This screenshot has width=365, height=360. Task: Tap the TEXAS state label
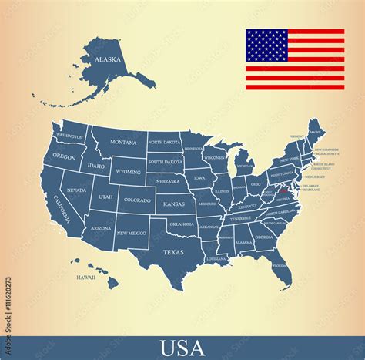173,252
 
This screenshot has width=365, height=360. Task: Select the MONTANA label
123,142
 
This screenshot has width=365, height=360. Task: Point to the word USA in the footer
182,348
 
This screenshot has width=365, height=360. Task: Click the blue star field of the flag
266,45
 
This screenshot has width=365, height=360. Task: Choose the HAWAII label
85,277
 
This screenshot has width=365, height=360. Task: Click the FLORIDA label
279,265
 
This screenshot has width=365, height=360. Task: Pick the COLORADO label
137,200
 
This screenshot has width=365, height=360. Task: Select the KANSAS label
175,204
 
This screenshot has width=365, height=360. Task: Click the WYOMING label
128,171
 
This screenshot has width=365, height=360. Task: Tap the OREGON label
65,156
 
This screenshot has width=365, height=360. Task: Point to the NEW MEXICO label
131,233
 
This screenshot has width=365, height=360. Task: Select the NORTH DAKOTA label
164,143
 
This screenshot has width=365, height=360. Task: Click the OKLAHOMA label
182,224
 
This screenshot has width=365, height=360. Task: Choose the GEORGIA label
264,237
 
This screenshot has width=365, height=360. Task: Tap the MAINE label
316,132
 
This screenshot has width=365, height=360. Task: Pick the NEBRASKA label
167,182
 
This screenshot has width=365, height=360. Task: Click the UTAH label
105,197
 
